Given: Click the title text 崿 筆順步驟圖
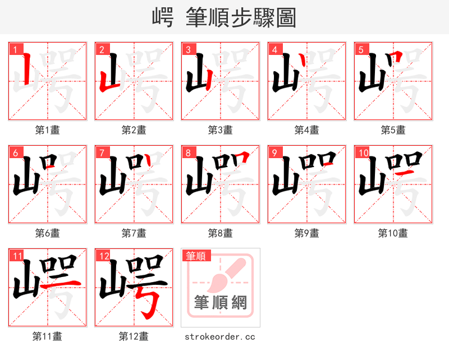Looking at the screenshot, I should [224, 17].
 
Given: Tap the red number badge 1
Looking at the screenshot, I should [15, 50].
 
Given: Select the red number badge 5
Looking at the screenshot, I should [361, 50].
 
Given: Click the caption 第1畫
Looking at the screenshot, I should [48, 130].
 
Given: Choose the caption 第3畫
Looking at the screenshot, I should [221, 130].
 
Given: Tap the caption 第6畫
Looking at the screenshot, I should [48, 233].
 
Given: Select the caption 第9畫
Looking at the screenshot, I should [307, 233].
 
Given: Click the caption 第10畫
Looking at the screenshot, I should [393, 233].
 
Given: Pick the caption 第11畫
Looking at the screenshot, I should [48, 336].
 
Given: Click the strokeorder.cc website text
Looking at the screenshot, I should [221, 336].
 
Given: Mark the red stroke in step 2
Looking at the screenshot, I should [107, 79].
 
